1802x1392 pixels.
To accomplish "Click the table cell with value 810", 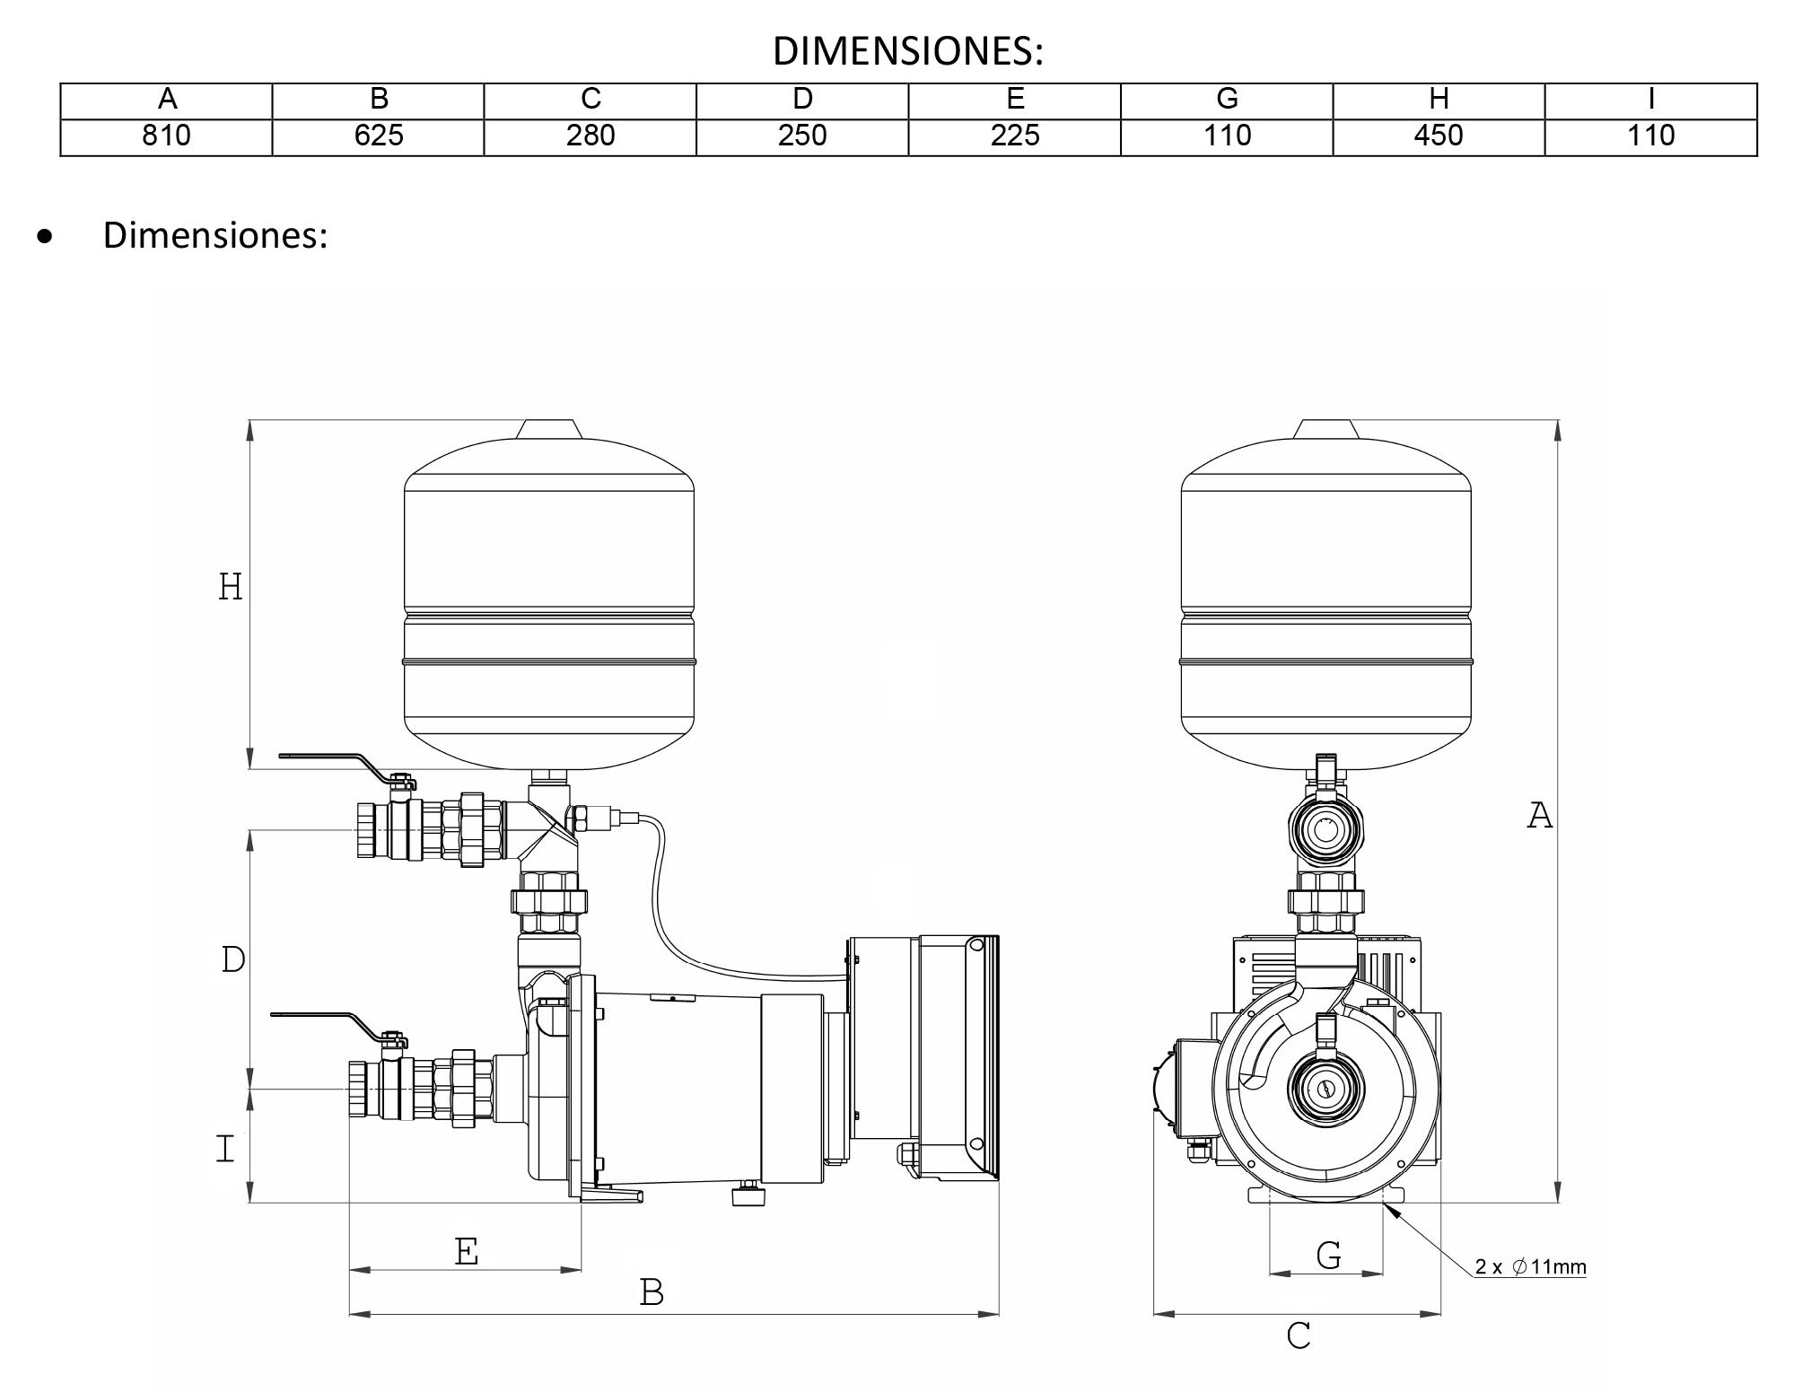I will pyautogui.click(x=166, y=136).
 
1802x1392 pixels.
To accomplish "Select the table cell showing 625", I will pyautogui.click(x=378, y=136).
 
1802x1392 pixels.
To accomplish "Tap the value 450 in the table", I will pyautogui.click(x=1438, y=136).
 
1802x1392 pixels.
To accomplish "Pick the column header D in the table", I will pyautogui.click(x=802, y=100).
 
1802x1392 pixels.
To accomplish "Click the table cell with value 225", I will pyautogui.click(x=1014, y=136).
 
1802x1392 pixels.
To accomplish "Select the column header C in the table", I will pyautogui.click(x=590, y=100).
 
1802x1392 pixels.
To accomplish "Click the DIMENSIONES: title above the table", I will pyautogui.click(x=907, y=52).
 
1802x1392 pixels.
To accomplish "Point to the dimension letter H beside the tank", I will pyautogui.click(x=231, y=587).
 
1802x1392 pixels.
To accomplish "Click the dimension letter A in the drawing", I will pyautogui.click(x=1539, y=816).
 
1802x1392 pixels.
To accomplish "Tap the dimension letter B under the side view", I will pyautogui.click(x=652, y=1292).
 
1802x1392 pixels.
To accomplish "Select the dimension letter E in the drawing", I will pyautogui.click(x=466, y=1251).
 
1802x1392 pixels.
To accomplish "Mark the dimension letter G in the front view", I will pyautogui.click(x=1328, y=1255).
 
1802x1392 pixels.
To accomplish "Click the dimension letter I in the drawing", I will pyautogui.click(x=225, y=1149).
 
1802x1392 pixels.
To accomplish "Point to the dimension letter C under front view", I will pyautogui.click(x=1298, y=1336).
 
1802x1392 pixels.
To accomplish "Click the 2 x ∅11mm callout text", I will pyautogui.click(x=1531, y=1267).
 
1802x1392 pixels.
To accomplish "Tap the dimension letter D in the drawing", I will pyautogui.click(x=232, y=960).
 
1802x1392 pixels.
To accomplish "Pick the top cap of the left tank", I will pyautogui.click(x=549, y=429).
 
